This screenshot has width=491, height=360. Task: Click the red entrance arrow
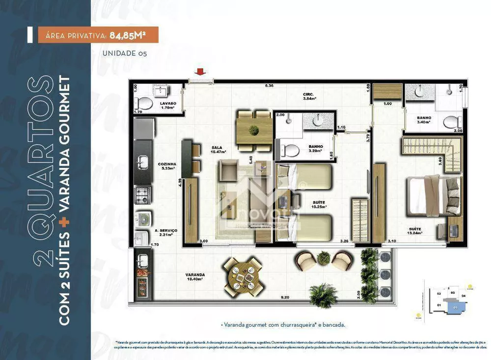pos(201,73)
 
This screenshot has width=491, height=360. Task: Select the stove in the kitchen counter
pos(143,194)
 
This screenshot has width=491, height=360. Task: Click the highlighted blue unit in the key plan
pos(455,307)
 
